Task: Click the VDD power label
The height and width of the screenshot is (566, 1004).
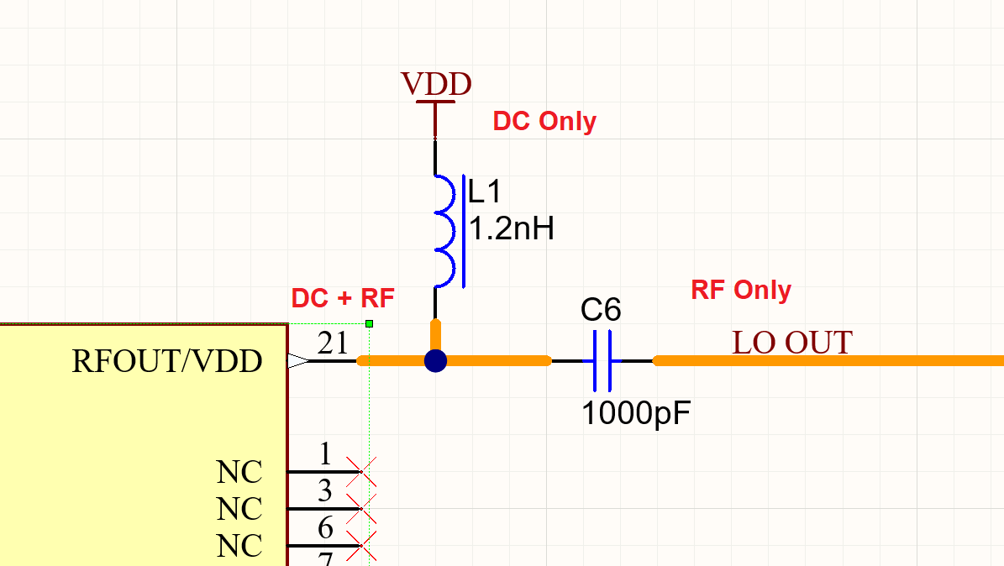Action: pos(436,84)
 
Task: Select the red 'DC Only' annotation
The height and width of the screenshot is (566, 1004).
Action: pos(544,121)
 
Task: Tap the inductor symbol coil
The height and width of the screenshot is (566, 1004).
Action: pos(445,229)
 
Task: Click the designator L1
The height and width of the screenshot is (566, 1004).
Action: pos(485,192)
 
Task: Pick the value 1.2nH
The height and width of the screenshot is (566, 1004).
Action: pos(511,228)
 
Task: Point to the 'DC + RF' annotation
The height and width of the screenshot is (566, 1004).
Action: pos(342,298)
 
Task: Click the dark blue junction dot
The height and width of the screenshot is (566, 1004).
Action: pos(435,361)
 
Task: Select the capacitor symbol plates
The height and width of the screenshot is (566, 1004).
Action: pos(602,361)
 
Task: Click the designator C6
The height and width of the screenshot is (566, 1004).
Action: pos(601,311)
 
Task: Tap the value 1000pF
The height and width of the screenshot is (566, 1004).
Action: pos(636,413)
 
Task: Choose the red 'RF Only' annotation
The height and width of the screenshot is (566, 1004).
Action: pos(740,290)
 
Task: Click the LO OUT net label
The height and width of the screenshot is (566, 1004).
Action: pos(791,343)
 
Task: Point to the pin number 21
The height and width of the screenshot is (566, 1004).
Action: pos(333,343)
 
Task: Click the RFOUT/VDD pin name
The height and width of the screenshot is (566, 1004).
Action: pos(167,361)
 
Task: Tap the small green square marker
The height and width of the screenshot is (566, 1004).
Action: pos(369,323)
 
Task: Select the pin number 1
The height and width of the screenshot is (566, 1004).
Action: pos(325,454)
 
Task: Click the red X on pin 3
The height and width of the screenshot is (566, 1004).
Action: pos(361,509)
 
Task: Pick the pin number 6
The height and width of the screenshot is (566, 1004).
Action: pos(325,528)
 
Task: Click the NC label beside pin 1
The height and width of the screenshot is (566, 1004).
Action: pos(239,472)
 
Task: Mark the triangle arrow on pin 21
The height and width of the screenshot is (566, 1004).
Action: pos(297,361)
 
